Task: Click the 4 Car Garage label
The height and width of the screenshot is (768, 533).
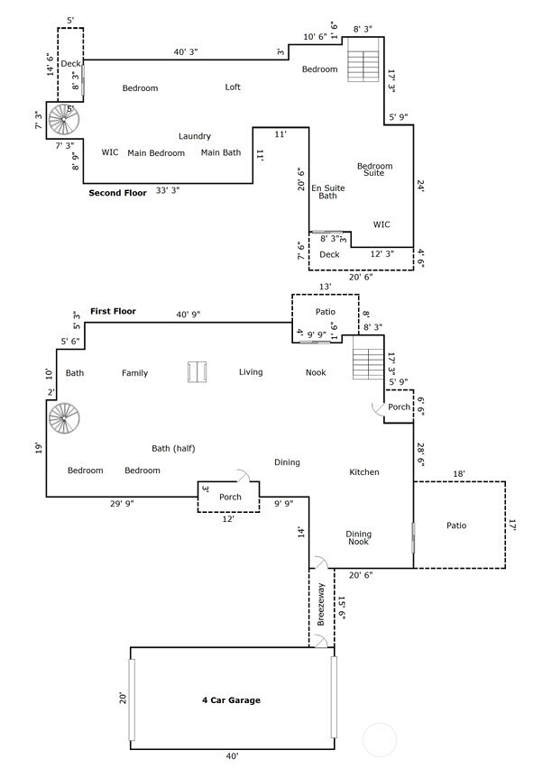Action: coord(231,699)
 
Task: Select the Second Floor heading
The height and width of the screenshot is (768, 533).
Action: coord(117,193)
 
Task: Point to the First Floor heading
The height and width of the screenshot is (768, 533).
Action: coord(113,311)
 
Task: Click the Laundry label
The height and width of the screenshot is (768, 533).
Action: coord(195,136)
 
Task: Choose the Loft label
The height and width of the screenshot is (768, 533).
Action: coord(233,87)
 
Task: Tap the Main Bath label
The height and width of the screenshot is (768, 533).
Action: coord(221,153)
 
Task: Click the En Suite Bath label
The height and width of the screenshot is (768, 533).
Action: coord(327,192)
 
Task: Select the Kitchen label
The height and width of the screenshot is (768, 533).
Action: coord(364,472)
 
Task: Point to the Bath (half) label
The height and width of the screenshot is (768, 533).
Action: coord(174,449)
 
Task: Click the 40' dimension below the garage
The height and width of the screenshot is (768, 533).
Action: coord(232,756)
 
